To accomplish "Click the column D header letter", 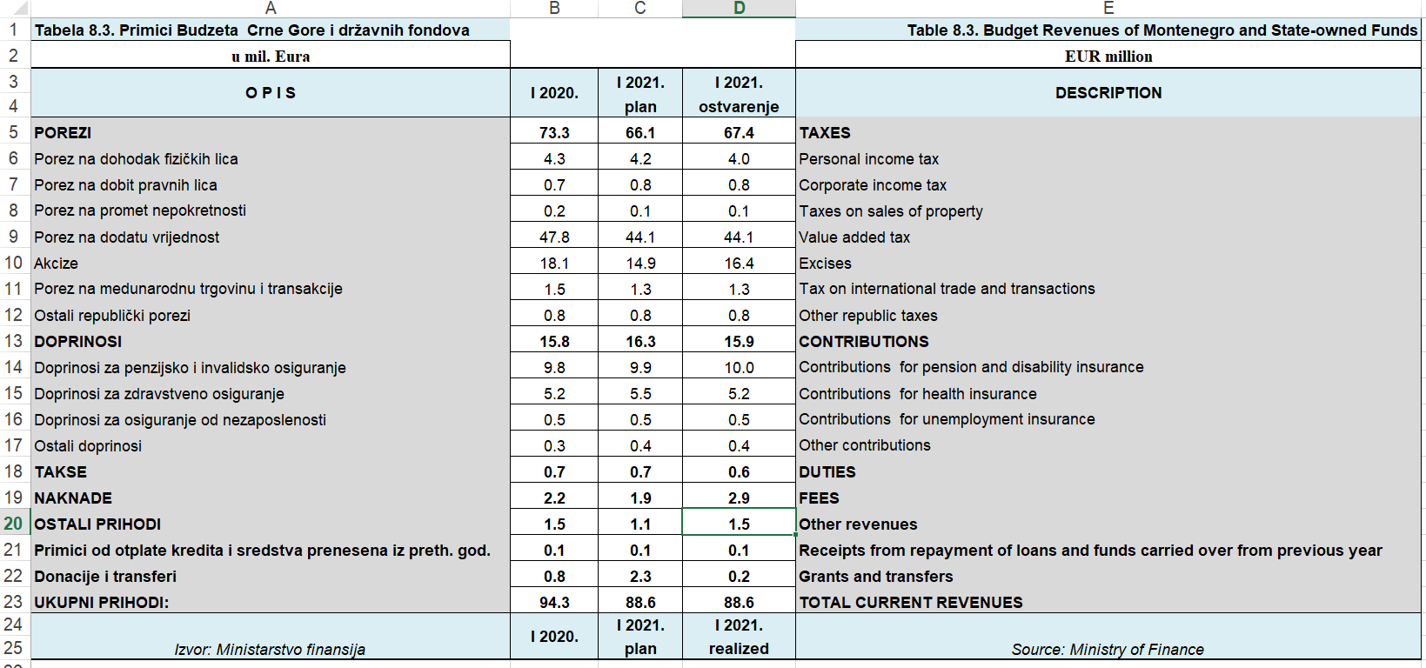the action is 739,9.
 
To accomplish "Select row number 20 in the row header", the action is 13,524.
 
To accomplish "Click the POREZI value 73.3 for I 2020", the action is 554,133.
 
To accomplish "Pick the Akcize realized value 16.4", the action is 739,264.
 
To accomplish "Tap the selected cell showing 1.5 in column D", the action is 739,524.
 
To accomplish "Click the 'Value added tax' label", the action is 854,237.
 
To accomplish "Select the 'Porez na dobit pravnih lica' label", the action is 125,185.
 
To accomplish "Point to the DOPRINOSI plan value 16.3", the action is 640,342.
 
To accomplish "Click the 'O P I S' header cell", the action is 271,93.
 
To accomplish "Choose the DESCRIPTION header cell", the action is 1108,93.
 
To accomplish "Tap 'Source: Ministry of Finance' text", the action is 1108,650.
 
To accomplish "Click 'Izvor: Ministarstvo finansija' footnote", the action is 270,650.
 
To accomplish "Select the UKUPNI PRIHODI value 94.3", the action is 554,603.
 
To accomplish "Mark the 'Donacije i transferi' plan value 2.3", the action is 640,577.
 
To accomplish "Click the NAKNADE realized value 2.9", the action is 739,498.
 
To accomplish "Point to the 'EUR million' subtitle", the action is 1108,57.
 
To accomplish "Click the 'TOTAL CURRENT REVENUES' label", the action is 911,603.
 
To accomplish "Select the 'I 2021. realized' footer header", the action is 739,637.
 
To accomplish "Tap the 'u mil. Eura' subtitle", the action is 271,57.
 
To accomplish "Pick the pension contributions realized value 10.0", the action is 739,368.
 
